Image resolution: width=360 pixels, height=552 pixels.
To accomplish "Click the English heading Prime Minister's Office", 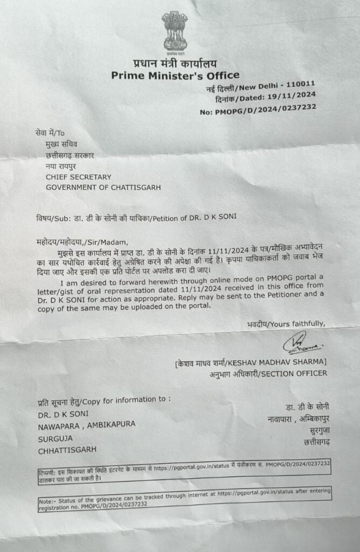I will (x=175, y=75).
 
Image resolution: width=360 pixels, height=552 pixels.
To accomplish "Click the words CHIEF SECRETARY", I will (x=78, y=177).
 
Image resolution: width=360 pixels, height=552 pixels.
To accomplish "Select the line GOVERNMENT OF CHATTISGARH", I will (x=103, y=188).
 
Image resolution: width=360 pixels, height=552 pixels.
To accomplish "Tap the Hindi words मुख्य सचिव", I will (x=61, y=144).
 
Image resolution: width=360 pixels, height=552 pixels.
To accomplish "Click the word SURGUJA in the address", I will (x=54, y=437).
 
